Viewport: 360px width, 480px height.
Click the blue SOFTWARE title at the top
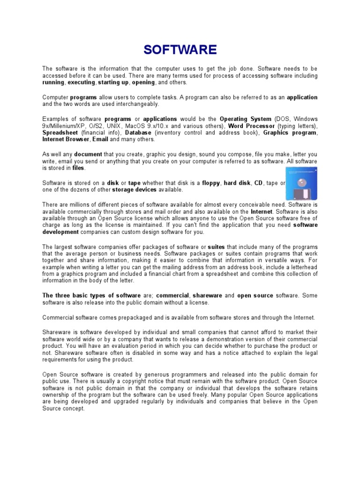tap(180, 50)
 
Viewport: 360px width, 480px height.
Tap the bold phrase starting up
tap(113, 82)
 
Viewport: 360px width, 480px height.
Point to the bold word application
tap(302, 97)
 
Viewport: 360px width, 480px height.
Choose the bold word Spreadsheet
tap(61, 133)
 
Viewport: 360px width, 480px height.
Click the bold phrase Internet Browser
tap(66, 139)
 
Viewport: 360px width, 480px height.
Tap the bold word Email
tap(100, 139)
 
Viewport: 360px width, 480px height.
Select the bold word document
tap(88, 154)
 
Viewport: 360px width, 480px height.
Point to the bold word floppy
tap(211, 183)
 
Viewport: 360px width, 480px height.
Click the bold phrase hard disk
tap(237, 183)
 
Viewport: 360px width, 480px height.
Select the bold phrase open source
tap(255, 296)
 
